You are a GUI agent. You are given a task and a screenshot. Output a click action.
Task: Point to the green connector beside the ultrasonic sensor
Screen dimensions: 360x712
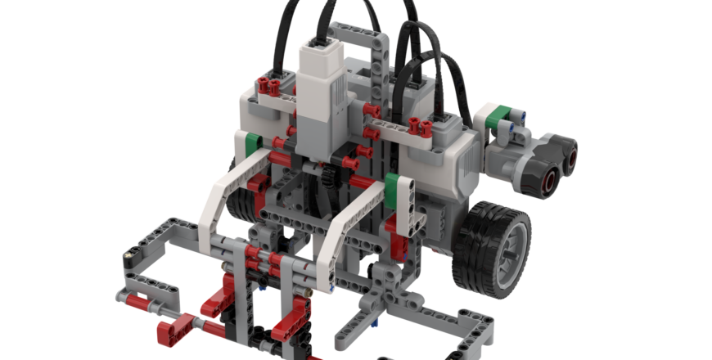[x=496, y=119]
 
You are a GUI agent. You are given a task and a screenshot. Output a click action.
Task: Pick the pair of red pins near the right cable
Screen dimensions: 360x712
[x=422, y=124]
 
